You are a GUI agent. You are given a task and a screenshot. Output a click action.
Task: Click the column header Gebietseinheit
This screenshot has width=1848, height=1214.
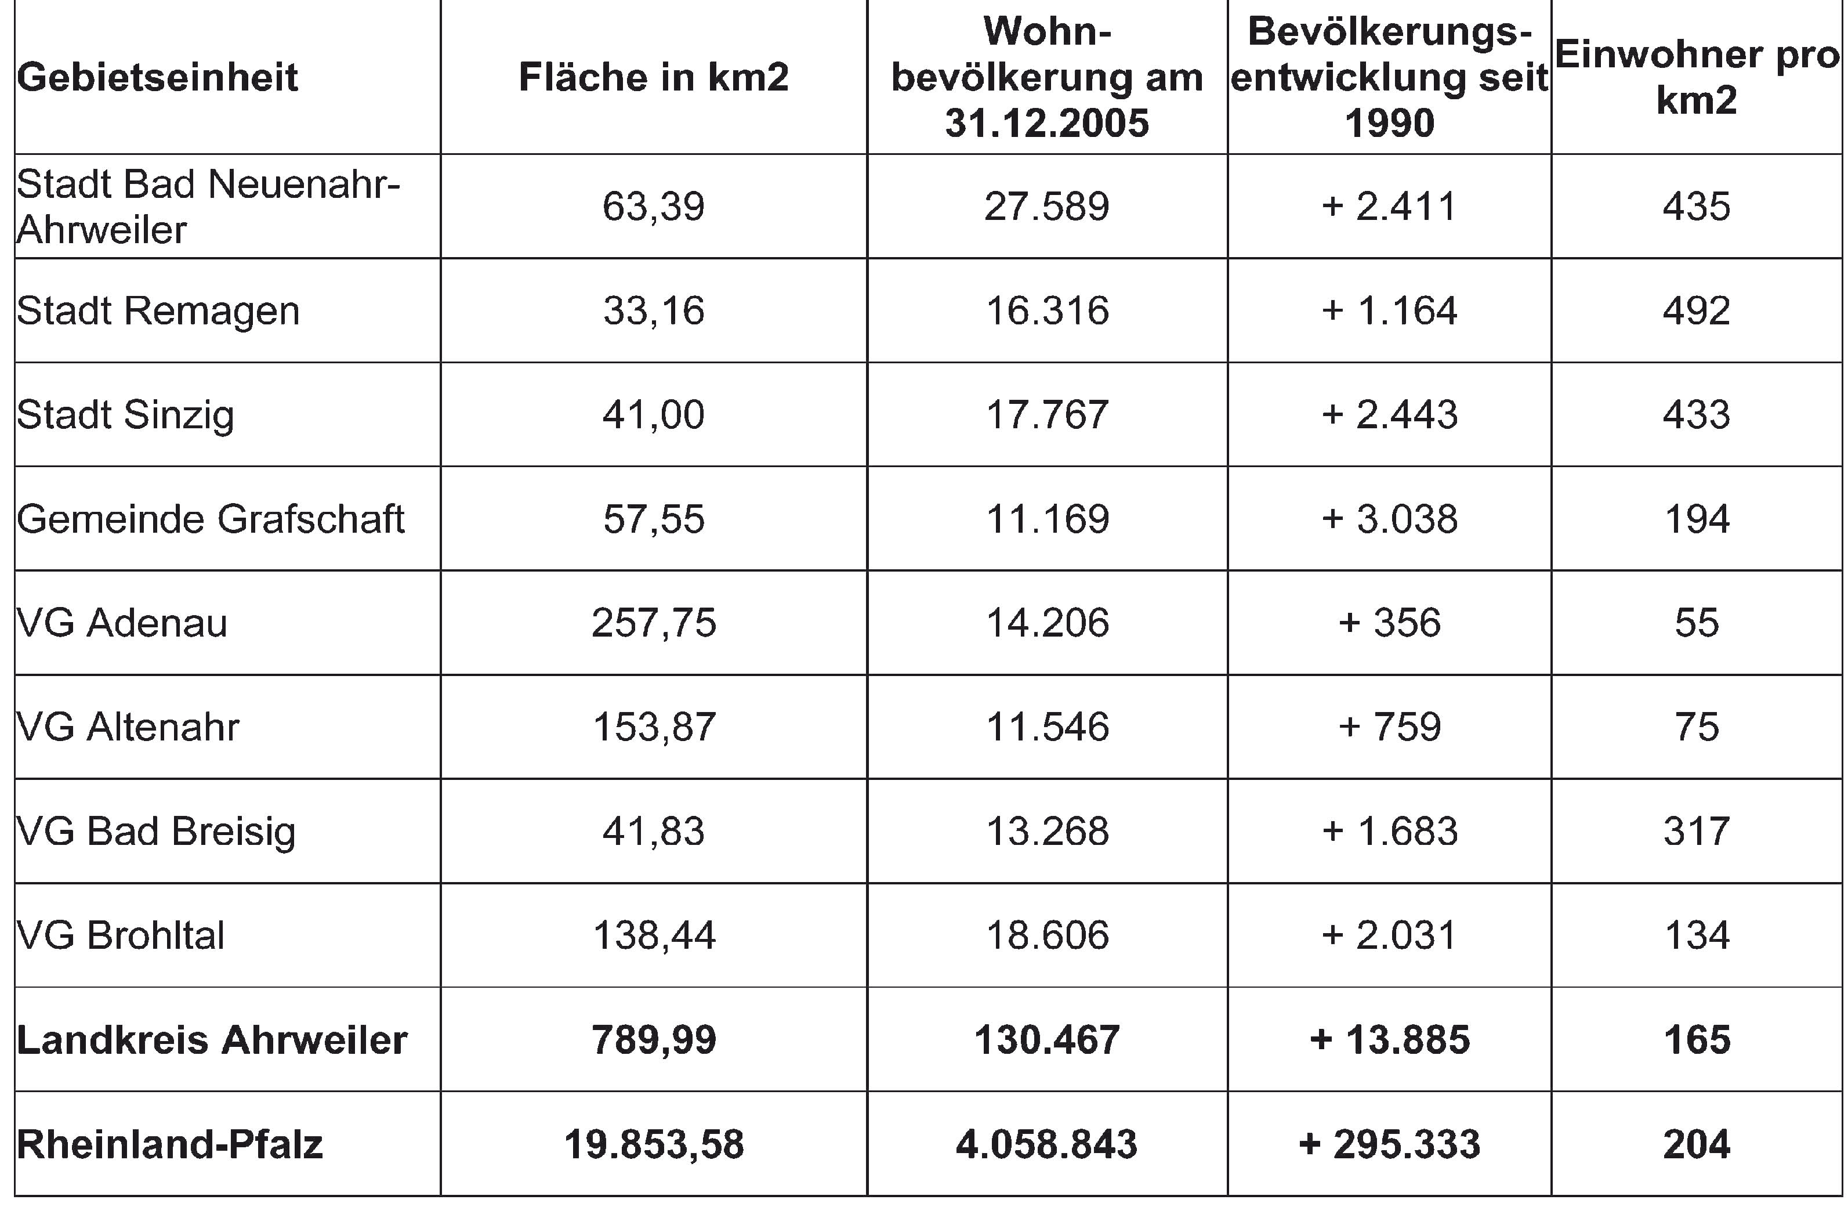pos(158,78)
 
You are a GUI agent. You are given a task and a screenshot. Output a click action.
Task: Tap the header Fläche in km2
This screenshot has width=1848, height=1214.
pos(654,78)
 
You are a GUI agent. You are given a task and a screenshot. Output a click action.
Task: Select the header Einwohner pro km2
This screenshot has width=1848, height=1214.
pos(1697,78)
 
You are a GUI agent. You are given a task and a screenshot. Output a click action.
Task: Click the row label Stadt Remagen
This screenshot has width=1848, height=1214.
pos(158,310)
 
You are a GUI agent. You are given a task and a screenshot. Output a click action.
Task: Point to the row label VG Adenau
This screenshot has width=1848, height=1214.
pos(122,623)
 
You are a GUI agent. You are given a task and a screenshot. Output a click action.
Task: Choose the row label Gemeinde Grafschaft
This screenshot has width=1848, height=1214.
pos(211,519)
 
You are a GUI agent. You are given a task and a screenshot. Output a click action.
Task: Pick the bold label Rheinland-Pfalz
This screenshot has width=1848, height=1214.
pos(169,1144)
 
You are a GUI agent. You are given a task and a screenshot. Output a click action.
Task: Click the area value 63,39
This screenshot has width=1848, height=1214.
pos(654,207)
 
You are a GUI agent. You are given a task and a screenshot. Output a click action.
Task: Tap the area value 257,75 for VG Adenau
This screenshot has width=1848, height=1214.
pos(654,623)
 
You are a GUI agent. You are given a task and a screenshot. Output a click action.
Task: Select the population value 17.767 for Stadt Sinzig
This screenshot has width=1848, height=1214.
pos(1047,415)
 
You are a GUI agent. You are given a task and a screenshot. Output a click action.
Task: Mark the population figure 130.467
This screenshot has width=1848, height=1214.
pos(1047,1040)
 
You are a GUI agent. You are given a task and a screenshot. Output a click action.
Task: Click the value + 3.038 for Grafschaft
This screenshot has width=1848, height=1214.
pos(1389,519)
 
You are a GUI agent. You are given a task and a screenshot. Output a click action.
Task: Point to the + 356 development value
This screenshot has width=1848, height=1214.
pos(1389,623)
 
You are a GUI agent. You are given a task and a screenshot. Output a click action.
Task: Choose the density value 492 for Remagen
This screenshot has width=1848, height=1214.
pos(1697,310)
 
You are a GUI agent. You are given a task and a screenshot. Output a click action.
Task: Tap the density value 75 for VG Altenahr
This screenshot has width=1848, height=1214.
pos(1697,727)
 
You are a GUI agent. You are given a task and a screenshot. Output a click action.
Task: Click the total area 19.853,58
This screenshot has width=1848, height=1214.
pos(654,1144)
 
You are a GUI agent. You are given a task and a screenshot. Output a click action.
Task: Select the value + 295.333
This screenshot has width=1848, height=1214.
pos(1389,1144)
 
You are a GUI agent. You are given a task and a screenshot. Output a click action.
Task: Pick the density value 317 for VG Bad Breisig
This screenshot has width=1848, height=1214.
pos(1697,831)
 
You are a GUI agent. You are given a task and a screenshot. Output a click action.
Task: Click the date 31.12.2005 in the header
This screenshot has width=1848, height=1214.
pos(1047,124)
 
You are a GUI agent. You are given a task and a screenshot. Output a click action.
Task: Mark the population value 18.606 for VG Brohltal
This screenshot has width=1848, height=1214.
pos(1047,935)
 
